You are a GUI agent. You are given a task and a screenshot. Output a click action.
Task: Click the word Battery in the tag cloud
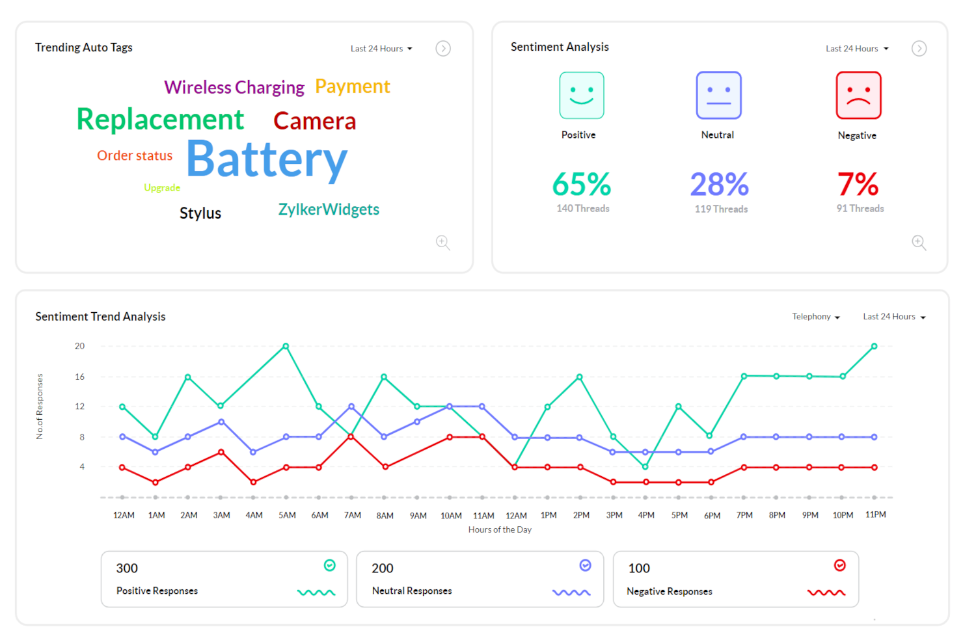click(267, 159)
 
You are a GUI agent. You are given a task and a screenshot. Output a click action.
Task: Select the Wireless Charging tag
click(234, 87)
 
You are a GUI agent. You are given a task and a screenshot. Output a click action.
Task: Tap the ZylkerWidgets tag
click(329, 209)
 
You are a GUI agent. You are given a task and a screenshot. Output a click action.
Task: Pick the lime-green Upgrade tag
click(162, 188)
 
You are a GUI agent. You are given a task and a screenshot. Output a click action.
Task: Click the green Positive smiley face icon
click(582, 96)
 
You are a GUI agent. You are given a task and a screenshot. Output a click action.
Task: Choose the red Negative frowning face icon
click(858, 96)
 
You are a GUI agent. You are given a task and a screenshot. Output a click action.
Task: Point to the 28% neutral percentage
click(719, 185)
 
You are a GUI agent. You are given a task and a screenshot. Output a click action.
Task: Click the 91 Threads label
click(860, 209)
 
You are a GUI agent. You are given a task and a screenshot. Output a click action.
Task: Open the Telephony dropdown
click(815, 317)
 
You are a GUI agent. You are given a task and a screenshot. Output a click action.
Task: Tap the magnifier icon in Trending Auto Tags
click(443, 243)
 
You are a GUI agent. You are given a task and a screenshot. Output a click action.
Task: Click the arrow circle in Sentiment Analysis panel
click(919, 49)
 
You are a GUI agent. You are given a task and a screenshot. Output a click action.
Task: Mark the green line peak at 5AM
click(286, 346)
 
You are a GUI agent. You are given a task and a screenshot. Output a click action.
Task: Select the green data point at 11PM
click(874, 346)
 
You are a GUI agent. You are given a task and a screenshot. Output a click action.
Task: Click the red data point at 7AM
click(351, 436)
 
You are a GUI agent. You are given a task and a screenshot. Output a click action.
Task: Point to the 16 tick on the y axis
click(79, 377)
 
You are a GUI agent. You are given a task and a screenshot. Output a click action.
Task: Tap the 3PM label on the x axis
click(614, 515)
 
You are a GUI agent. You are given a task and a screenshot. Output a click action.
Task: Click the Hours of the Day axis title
click(500, 530)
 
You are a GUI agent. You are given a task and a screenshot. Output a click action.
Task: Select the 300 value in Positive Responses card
click(127, 568)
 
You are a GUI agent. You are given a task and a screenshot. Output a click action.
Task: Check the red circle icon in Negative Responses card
click(840, 565)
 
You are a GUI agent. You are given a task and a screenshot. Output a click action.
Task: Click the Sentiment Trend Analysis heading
click(100, 317)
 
